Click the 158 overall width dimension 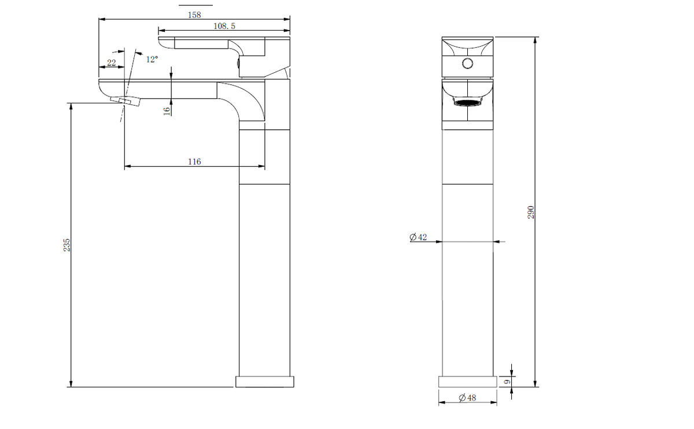tap(194, 15)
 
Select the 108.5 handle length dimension tap(224, 26)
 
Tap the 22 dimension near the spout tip tap(112, 63)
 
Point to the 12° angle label tap(152, 59)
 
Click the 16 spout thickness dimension tap(167, 111)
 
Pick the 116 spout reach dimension tap(194, 162)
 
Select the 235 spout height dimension tap(67, 245)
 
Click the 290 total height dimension tap(531, 212)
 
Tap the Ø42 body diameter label tap(418, 237)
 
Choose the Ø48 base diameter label tap(467, 398)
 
